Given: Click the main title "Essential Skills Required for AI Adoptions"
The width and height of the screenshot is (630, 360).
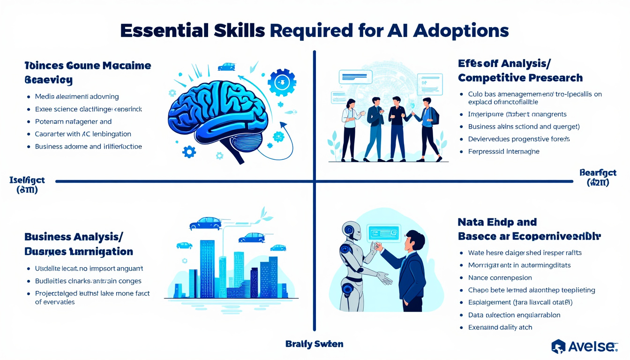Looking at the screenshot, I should [315, 31].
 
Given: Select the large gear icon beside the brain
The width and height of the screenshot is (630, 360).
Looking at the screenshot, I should [282, 82].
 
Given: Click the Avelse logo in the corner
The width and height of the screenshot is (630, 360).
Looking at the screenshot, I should [585, 346].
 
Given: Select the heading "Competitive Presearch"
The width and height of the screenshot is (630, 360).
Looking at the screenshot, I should [520, 77].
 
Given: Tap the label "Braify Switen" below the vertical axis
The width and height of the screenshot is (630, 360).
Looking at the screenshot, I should [314, 344].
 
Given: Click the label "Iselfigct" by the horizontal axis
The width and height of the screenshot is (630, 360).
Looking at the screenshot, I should [27, 180].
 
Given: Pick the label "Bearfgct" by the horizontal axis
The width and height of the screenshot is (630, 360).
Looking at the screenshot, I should [598, 172].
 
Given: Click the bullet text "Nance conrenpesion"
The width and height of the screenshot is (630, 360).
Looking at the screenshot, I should [500, 277].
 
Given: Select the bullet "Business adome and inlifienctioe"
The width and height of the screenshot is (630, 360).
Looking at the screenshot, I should [89, 146].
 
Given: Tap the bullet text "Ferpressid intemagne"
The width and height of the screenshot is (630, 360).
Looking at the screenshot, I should [503, 151].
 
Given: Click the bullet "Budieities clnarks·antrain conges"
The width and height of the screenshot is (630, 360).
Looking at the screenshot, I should [88, 281].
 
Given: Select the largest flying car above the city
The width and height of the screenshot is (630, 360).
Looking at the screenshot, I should [206, 223].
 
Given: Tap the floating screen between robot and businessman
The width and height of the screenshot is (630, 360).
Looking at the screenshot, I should [384, 233].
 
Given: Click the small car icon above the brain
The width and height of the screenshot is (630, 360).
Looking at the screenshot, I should [226, 67].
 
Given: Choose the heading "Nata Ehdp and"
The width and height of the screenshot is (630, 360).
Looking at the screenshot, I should [497, 222].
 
